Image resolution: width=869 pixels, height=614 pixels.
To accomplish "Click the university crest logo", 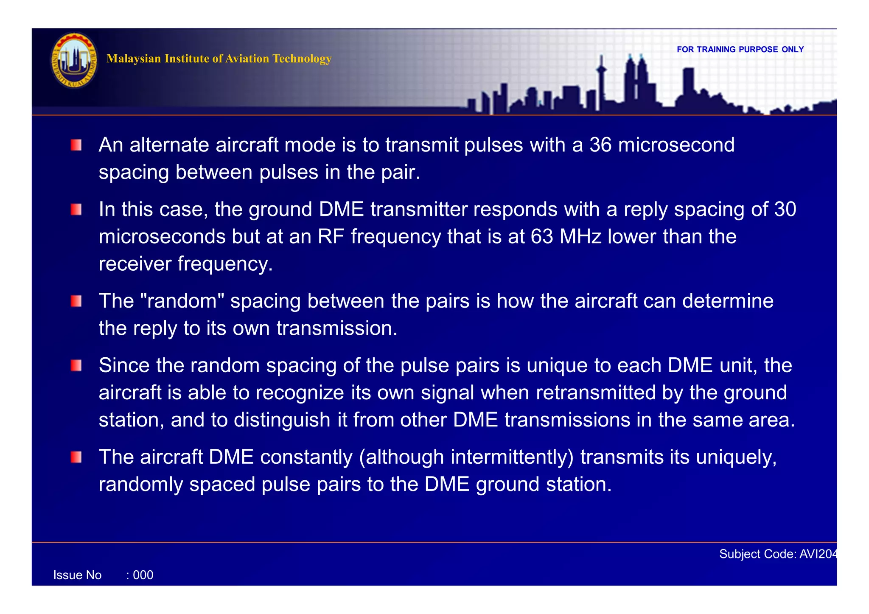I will click(x=74, y=61).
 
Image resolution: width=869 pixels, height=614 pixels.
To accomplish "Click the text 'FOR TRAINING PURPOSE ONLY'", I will click(x=740, y=49).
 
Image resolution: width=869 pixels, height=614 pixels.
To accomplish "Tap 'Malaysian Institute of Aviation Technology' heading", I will click(x=219, y=59).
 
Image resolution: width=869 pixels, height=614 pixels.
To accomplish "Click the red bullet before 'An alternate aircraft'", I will click(x=76, y=145).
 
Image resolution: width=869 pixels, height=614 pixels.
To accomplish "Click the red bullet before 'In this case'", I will click(x=76, y=210).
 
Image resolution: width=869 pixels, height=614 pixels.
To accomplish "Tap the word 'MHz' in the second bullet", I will click(x=580, y=237).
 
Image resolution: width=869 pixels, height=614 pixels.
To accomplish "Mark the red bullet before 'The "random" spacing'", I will click(x=76, y=301).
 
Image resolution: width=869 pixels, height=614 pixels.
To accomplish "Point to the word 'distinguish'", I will click(x=282, y=420).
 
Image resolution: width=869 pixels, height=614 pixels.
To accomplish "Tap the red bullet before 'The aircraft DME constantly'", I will click(x=76, y=457).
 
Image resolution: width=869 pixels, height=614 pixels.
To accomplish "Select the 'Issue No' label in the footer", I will click(x=77, y=575).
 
